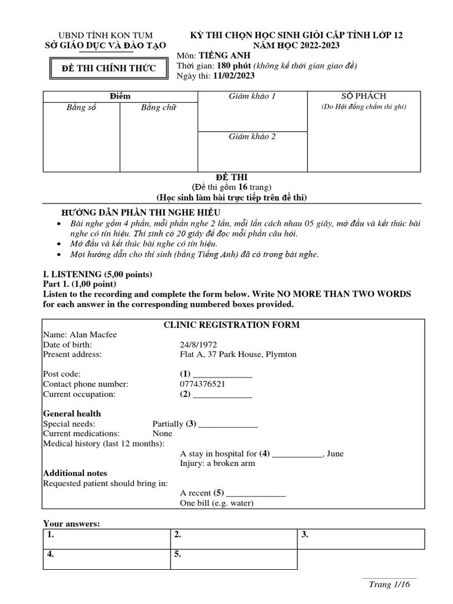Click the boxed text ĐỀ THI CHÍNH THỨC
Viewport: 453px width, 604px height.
(109, 69)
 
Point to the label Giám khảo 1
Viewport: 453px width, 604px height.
(252, 96)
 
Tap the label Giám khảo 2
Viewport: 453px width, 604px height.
(252, 137)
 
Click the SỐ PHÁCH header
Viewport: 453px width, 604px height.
(363, 96)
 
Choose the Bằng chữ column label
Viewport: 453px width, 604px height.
(158, 108)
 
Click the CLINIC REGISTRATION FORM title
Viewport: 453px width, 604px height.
(231, 325)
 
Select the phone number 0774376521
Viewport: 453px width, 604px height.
(202, 384)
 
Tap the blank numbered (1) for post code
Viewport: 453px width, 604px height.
(222, 374)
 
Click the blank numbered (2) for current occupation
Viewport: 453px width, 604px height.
(222, 394)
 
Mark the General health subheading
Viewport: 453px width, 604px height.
(72, 413)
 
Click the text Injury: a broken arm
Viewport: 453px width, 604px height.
(217, 464)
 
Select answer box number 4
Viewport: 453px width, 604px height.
(106, 559)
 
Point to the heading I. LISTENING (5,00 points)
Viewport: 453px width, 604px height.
(97, 274)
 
